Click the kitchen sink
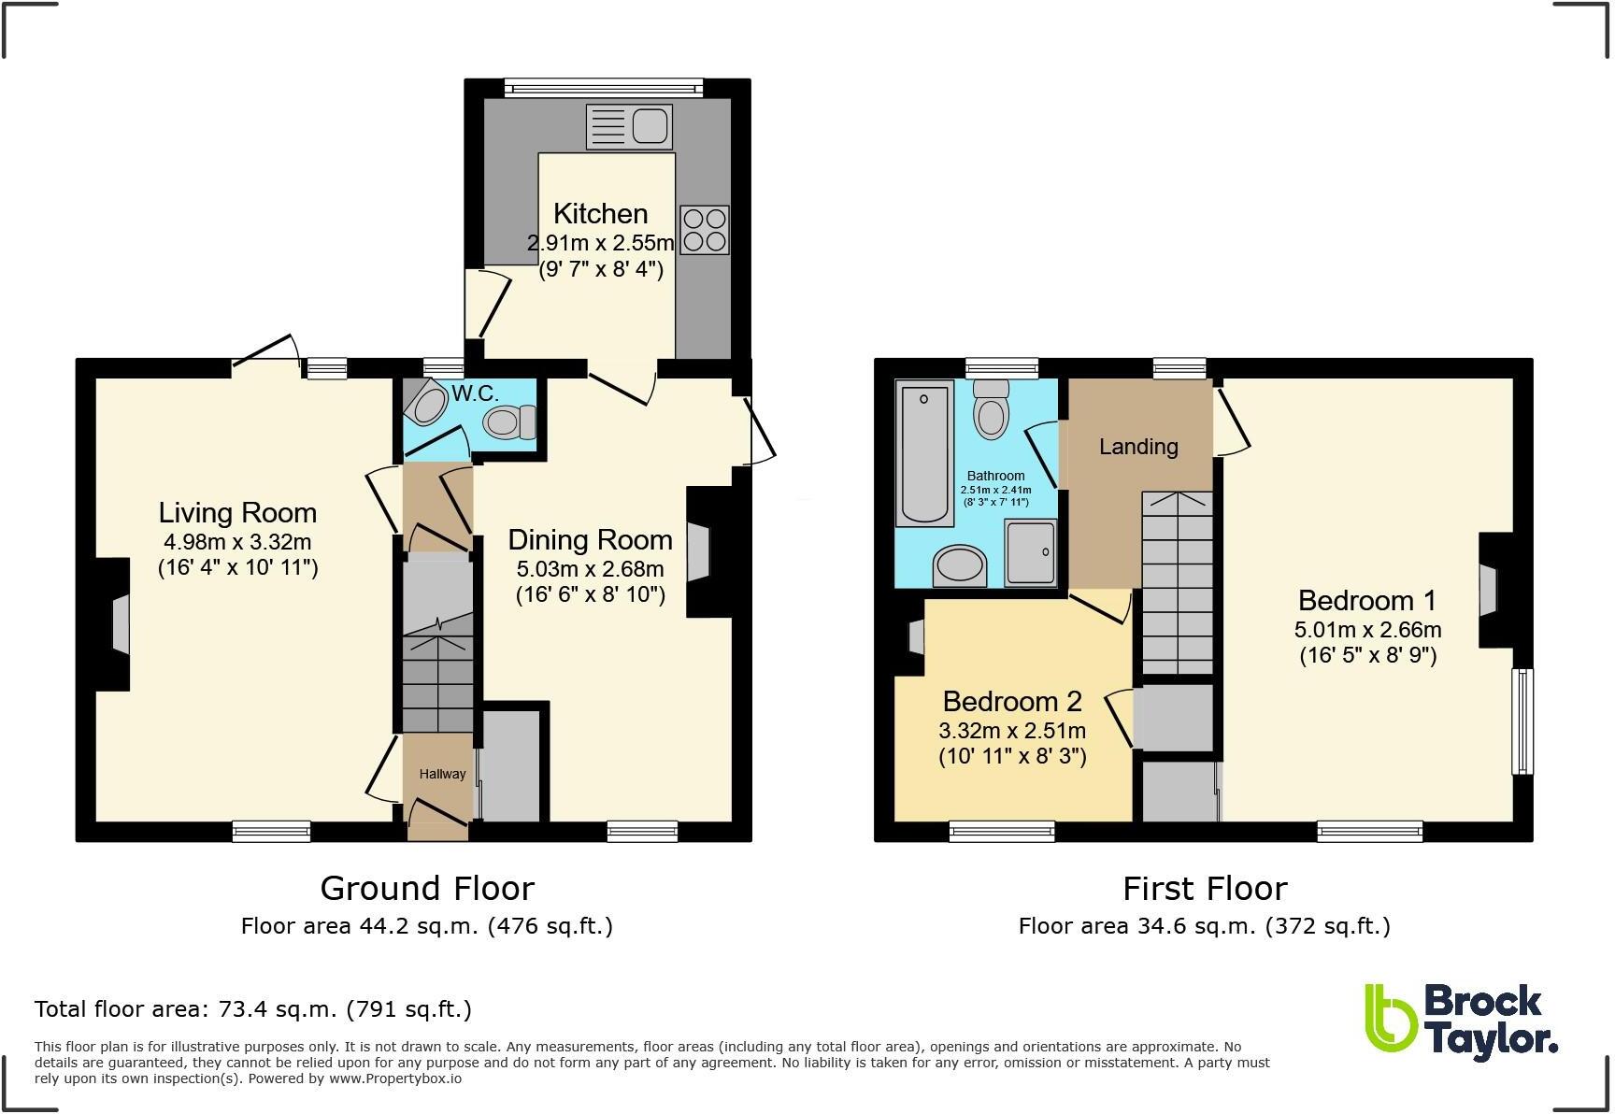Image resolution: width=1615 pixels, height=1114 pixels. (629, 126)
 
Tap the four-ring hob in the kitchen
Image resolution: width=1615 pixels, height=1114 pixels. (704, 230)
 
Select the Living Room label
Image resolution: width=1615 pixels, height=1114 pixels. (237, 512)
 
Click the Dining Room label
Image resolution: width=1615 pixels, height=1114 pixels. (590, 539)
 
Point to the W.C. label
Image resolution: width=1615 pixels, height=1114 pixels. (475, 393)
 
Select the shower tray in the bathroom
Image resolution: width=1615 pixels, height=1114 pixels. (1031, 552)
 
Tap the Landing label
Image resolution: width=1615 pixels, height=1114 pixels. (1137, 447)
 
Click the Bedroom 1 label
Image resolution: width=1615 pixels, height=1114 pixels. (1366, 600)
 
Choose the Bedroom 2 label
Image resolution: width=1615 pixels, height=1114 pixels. (1012, 701)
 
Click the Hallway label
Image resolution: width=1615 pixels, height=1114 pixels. (442, 774)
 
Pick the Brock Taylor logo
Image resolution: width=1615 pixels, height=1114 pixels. (1461, 1023)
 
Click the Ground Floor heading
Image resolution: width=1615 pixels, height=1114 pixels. (427, 888)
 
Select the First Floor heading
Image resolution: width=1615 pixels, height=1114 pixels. (1205, 888)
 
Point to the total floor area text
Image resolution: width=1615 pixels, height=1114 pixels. (252, 1009)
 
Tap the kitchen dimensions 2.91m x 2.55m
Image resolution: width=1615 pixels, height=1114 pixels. (600, 243)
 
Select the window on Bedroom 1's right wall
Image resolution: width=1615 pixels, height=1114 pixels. (1522, 721)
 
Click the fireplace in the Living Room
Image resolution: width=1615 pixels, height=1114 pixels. (113, 623)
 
